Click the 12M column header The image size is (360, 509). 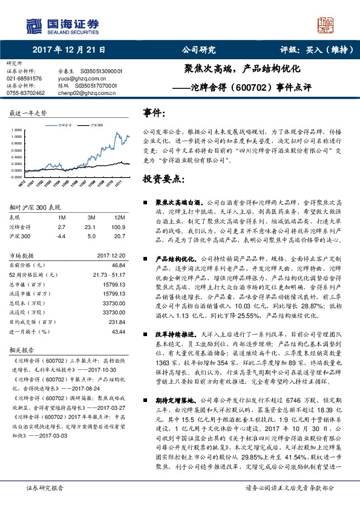coord(119,217)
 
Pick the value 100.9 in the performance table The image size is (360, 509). coord(117,227)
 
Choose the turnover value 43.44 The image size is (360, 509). coord(118,332)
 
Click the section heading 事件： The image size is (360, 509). coord(154,113)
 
